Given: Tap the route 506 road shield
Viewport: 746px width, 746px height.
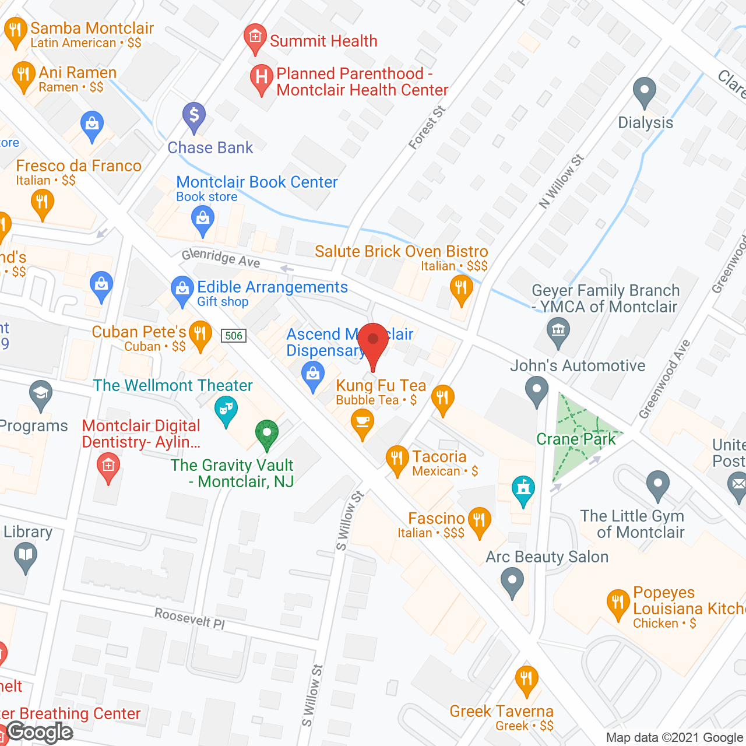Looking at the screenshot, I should [234, 336].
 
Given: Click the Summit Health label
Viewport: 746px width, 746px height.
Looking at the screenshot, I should [323, 41].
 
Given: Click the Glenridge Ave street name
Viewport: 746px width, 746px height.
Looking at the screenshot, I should [221, 258].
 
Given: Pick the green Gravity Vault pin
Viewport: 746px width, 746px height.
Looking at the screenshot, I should [266, 434].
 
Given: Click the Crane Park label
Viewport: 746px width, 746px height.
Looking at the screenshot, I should [576, 439].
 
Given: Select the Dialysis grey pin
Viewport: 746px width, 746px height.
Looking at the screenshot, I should [644, 91].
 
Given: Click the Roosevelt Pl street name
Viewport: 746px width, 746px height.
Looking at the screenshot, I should [190, 618].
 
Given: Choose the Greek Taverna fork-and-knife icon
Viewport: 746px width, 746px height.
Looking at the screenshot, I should [527, 679].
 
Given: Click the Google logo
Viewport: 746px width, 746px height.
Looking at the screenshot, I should [40, 733].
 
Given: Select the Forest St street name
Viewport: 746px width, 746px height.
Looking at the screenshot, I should [427, 128].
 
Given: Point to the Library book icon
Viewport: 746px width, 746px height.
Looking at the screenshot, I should [26, 555].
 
